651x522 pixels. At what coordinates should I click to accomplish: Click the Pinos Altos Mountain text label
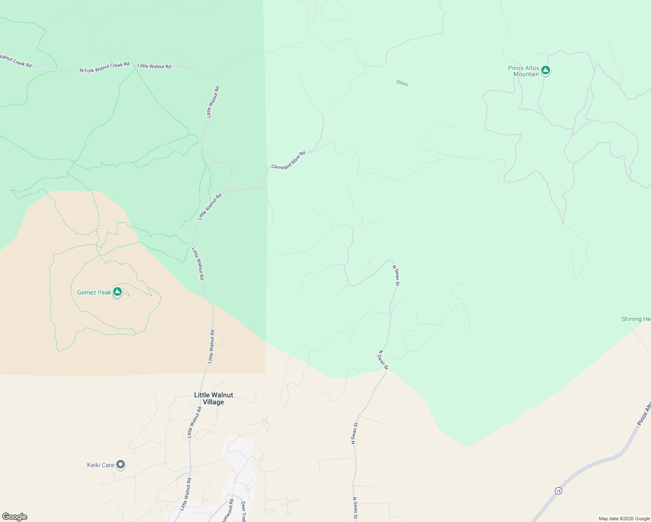click(x=523, y=71)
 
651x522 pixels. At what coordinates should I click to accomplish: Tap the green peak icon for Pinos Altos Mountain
click(x=546, y=70)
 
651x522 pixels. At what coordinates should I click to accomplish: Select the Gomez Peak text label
click(x=94, y=292)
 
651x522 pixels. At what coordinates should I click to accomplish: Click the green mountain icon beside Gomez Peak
click(x=117, y=291)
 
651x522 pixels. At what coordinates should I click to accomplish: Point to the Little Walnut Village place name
click(x=213, y=398)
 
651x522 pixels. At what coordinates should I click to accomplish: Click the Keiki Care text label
click(x=101, y=465)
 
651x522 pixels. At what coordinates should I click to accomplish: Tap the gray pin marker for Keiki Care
click(x=121, y=465)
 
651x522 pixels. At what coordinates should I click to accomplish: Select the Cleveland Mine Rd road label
click(x=288, y=161)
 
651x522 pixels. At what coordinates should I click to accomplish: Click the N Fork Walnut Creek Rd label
click(x=104, y=67)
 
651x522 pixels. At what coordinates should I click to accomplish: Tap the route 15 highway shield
click(x=558, y=491)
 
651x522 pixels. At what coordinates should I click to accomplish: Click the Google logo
click(x=14, y=517)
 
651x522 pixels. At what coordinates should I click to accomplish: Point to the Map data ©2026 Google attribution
click(x=624, y=519)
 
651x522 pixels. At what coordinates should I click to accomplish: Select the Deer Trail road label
click(x=243, y=512)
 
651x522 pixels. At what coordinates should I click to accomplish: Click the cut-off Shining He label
click(x=636, y=319)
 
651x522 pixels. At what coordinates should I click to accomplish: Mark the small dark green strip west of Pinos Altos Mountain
click(x=403, y=83)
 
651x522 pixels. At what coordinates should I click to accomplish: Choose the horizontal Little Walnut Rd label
click(x=154, y=66)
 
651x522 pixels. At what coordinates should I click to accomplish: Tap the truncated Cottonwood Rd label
click(x=228, y=511)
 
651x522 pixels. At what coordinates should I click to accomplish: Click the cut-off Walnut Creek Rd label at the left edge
click(x=16, y=60)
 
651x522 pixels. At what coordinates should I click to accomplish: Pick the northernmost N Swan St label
click(x=396, y=275)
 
